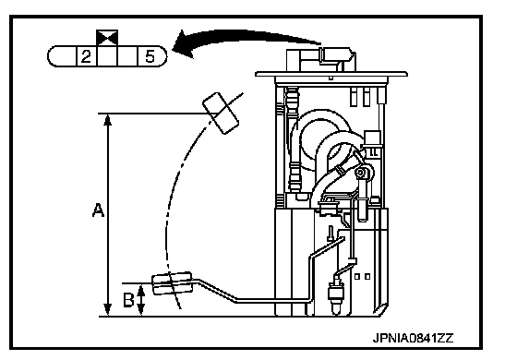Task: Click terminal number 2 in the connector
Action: point(87,56)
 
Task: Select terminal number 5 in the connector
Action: point(150,56)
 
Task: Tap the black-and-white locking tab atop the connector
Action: point(107,38)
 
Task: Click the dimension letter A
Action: point(98,210)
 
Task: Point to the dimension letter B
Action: point(128,300)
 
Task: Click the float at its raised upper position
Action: point(221,114)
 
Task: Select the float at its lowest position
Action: point(172,283)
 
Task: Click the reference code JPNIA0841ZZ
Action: point(414,338)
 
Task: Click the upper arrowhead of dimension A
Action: point(108,119)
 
